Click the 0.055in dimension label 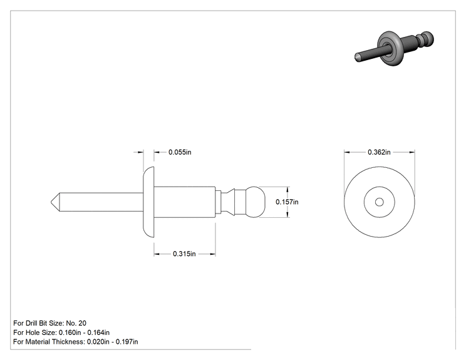pos(180,152)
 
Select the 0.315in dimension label pos(184,254)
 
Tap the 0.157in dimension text pos(287,202)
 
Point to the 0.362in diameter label pos(379,152)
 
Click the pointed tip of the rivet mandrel pos(51,202)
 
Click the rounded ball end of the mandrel pos(255,202)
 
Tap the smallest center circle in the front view pos(379,202)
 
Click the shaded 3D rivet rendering pos(394,48)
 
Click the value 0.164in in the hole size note pos(98,332)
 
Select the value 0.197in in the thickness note pos(127,342)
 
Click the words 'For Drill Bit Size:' pos(39,323)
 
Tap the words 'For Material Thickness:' pos(49,342)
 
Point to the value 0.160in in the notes pos(70,332)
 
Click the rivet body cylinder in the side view pos(185,202)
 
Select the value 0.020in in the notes pos(98,342)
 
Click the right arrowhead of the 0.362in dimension pos(412,152)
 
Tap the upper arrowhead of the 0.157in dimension pos(287,190)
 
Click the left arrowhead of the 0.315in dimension pos(157,254)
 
